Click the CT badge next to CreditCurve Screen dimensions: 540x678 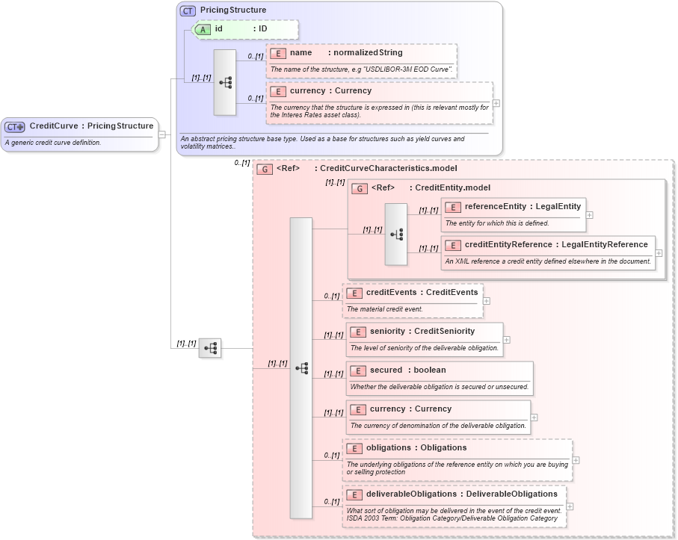[x=15, y=126]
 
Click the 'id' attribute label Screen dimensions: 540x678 [x=219, y=28]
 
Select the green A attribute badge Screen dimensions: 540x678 [x=203, y=29]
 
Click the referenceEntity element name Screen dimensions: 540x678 [x=495, y=206]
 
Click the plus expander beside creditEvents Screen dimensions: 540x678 [x=487, y=301]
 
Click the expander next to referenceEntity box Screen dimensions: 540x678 [x=589, y=214]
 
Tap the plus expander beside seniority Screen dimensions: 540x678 [x=508, y=340]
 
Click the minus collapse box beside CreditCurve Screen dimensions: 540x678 [x=162, y=134]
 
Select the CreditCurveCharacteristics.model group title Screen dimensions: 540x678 [x=388, y=169]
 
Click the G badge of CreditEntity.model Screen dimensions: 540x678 [x=360, y=188]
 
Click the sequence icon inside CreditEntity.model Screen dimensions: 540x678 [x=396, y=235]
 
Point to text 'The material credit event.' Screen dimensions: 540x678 [x=384, y=308]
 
